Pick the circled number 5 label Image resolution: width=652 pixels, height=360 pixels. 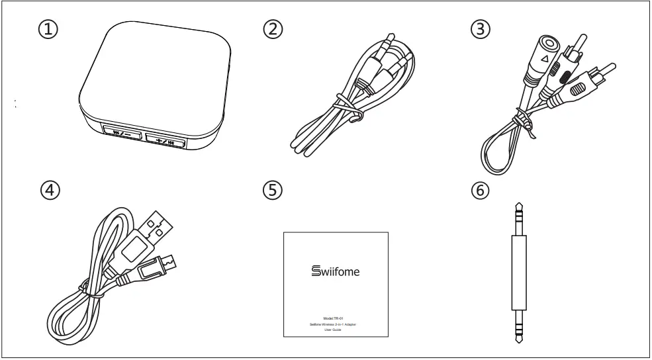click(x=272, y=190)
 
